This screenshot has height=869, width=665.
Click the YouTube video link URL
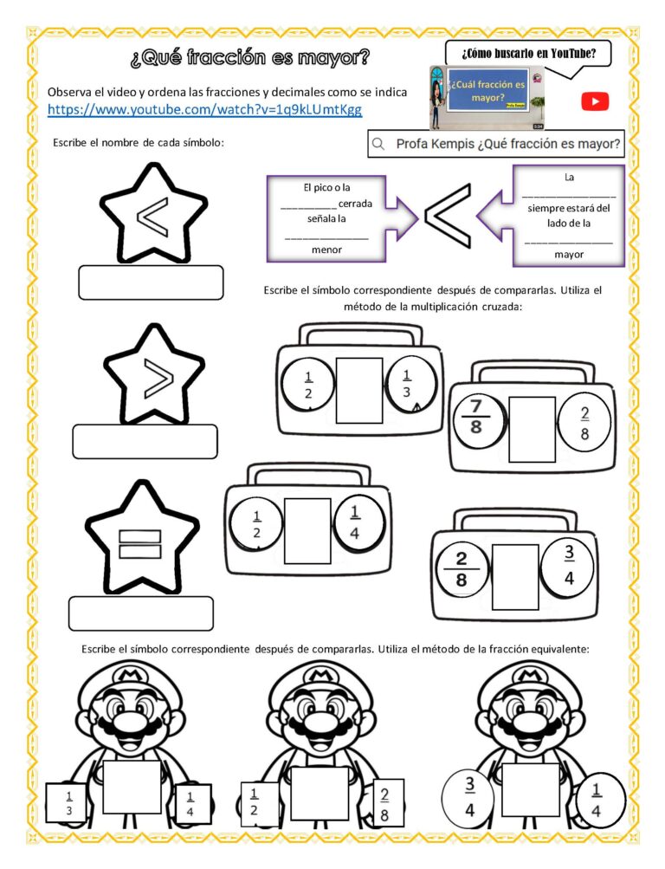tap(204, 110)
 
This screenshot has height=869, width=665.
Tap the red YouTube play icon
tap(595, 102)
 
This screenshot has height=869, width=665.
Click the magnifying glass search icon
tap(378, 144)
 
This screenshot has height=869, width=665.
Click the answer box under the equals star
tap(140, 613)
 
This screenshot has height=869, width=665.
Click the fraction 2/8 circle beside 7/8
tap(584, 424)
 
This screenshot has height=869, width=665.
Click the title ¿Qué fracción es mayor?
tap(249, 59)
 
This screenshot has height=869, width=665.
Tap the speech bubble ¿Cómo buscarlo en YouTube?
tap(529, 54)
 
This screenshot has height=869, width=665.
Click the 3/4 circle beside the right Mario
tap(470, 796)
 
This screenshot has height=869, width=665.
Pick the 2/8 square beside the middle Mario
tap(384, 802)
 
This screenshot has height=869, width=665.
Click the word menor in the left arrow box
tap(326, 250)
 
